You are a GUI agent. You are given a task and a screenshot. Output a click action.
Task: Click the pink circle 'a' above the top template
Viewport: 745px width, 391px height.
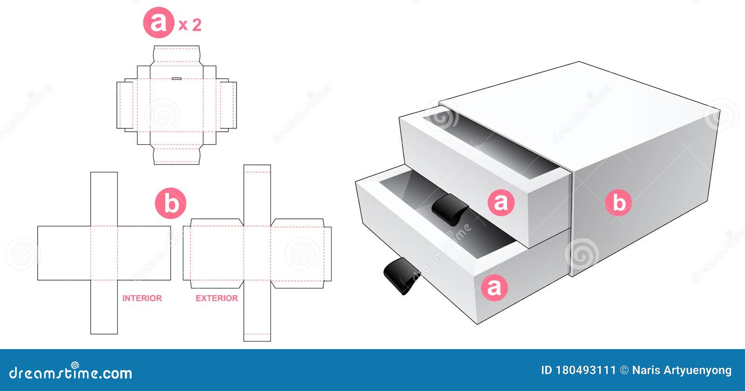158,23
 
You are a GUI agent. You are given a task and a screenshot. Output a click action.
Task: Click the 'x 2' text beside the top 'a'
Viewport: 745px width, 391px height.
190,25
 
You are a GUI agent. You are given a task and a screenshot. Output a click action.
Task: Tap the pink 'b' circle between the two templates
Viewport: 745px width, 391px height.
170,203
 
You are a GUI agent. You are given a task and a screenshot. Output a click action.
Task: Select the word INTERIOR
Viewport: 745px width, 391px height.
142,298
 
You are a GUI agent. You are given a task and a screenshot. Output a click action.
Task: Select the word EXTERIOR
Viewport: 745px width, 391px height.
217,298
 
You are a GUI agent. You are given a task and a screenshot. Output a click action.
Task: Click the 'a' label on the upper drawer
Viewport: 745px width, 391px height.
501,202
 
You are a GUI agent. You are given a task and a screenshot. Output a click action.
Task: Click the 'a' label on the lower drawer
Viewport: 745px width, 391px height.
494,287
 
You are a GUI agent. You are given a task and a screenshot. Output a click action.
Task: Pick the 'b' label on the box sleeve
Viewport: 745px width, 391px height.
618,203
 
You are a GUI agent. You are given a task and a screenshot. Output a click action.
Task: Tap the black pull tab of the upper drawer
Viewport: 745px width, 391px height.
448,211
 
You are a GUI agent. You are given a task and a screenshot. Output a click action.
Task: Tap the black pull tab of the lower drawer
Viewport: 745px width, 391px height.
400,276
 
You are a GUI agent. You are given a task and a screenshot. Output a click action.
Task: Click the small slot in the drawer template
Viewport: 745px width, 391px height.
176,79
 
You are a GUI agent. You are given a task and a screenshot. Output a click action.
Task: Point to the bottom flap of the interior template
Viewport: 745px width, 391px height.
104,307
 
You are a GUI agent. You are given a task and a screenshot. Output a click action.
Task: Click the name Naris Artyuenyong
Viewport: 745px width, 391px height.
682,371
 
